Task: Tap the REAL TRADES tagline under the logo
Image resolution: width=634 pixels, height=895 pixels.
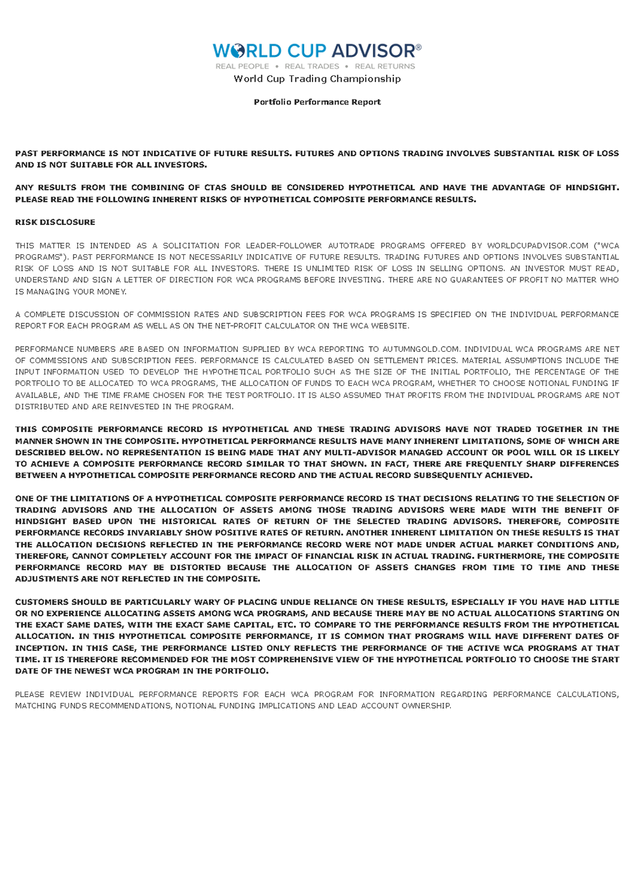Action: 312,66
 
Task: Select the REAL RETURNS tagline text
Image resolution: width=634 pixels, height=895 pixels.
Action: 385,66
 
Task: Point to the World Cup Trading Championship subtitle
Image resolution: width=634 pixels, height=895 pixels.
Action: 317,79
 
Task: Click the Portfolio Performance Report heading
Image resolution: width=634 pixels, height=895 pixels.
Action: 317,102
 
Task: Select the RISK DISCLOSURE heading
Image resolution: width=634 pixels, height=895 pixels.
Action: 55,222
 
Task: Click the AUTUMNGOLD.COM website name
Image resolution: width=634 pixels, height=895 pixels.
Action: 423,349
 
